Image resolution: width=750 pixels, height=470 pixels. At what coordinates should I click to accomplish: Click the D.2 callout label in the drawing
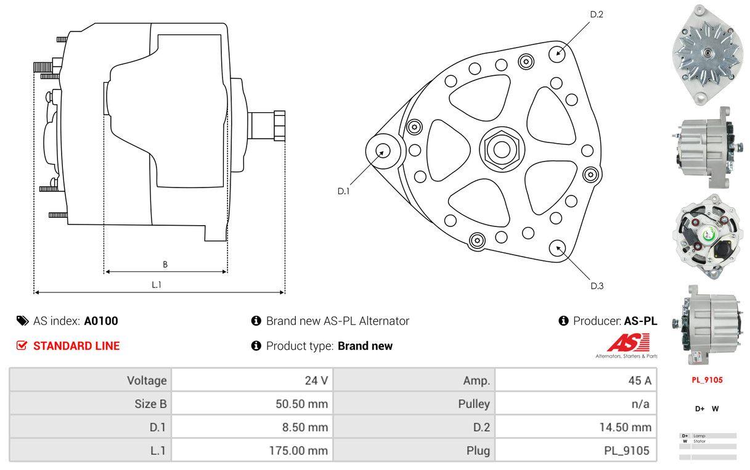(x=596, y=14)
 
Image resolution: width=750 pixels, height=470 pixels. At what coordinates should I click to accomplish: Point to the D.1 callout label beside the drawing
(x=343, y=191)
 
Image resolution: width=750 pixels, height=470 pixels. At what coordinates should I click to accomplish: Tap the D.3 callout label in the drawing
(x=597, y=286)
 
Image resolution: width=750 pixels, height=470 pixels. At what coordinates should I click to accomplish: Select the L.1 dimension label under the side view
(x=157, y=284)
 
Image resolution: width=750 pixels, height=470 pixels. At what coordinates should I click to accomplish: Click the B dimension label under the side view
(x=165, y=265)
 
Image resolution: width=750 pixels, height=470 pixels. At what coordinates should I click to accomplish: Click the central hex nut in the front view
(x=501, y=149)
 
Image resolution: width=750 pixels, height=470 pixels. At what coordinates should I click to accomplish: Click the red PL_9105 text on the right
(x=706, y=380)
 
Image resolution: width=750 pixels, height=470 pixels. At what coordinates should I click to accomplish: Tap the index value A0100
(x=101, y=321)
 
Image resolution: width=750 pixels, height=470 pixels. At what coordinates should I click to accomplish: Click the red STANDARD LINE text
(x=76, y=346)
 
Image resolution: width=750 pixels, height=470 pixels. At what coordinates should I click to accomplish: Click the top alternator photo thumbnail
(x=706, y=54)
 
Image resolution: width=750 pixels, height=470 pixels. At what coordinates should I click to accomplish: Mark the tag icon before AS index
(x=22, y=321)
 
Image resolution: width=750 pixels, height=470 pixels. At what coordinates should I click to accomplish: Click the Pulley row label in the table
(x=475, y=404)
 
